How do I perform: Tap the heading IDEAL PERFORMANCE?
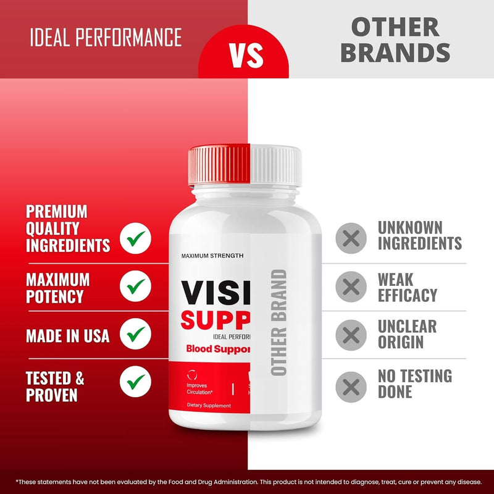pyautogui.click(x=106, y=38)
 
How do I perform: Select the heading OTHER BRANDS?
pyautogui.click(x=395, y=40)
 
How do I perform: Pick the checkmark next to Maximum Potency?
pyautogui.click(x=136, y=286)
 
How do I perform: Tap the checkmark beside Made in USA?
pyautogui.click(x=136, y=334)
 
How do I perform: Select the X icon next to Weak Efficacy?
pyautogui.click(x=351, y=287)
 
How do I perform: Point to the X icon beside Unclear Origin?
pyautogui.click(x=351, y=335)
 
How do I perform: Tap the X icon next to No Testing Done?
pyautogui.click(x=351, y=387)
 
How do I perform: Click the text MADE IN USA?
pyautogui.click(x=67, y=336)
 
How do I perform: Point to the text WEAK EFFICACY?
pyautogui.click(x=407, y=287)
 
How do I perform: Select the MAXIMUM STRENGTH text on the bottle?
pyautogui.click(x=212, y=256)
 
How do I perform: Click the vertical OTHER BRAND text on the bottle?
pyautogui.click(x=279, y=322)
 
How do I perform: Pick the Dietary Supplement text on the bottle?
pyautogui.click(x=209, y=406)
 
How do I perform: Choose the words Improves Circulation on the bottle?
pyautogui.click(x=200, y=388)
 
